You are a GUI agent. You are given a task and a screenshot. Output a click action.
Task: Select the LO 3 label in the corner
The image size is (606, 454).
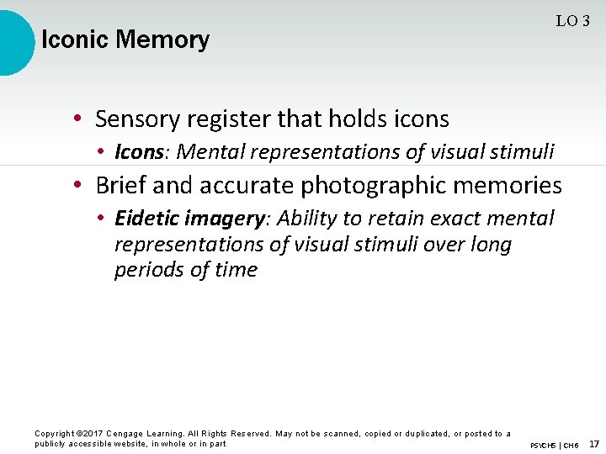point(572,22)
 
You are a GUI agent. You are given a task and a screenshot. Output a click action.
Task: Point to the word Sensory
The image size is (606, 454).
point(135,119)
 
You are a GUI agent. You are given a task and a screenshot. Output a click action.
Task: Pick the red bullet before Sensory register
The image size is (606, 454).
point(77,119)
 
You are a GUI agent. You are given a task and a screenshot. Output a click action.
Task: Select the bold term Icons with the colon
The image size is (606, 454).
point(142,152)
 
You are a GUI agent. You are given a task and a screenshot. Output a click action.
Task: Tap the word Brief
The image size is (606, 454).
point(120,185)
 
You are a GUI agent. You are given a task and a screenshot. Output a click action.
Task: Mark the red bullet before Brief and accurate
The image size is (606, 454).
point(77,185)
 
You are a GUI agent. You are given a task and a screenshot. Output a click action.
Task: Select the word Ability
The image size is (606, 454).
point(306,219)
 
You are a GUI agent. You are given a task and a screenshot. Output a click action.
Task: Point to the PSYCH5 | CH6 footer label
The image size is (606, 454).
point(554,445)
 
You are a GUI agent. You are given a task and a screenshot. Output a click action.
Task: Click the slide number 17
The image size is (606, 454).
point(594,443)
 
